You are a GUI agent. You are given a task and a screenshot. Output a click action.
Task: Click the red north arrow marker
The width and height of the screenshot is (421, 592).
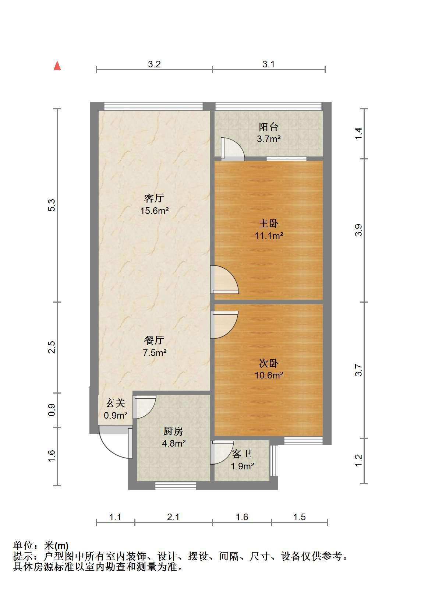[57, 66]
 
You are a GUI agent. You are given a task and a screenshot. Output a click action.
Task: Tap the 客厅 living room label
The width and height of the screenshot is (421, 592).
[154, 198]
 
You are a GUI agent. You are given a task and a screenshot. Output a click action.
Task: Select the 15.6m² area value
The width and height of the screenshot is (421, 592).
[155, 211]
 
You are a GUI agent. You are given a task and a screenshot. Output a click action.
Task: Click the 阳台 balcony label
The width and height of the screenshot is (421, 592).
[268, 127]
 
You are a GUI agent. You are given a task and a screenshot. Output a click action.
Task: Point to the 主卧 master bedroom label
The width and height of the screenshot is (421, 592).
[269, 223]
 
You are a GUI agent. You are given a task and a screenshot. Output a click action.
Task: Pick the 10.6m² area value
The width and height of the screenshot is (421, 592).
[269, 375]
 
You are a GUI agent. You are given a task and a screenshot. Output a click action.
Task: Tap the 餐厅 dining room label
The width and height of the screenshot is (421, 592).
[154, 340]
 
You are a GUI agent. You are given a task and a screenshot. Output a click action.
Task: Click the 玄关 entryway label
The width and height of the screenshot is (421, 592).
[116, 403]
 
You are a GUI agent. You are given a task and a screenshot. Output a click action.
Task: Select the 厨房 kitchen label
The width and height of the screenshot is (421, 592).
[173, 431]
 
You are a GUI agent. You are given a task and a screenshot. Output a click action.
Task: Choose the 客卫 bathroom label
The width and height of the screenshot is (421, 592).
[242, 454]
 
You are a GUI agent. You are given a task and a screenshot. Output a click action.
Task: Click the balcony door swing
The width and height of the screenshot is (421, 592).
[233, 149]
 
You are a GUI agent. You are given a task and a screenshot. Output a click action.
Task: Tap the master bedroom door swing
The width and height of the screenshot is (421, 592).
[225, 279]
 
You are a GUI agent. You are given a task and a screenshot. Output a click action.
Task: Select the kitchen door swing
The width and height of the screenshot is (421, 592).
[144, 407]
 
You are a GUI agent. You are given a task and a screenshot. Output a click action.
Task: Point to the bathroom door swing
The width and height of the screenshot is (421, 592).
[222, 452]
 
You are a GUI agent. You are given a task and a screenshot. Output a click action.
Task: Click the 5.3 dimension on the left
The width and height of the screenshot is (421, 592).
[52, 205]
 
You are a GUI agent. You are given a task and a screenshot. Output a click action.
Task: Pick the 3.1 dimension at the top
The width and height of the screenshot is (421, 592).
[268, 64]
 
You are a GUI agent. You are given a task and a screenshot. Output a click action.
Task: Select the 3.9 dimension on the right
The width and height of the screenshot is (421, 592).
[359, 230]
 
